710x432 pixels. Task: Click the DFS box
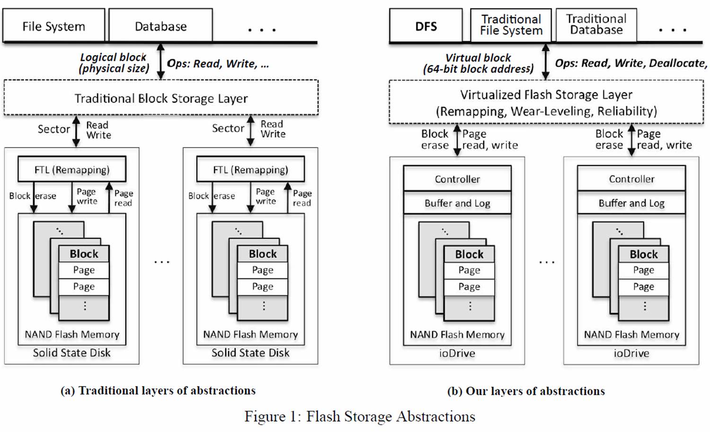(x=426, y=26)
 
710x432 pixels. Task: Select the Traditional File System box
(x=511, y=25)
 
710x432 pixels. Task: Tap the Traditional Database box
(x=596, y=25)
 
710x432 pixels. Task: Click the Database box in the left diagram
(x=160, y=26)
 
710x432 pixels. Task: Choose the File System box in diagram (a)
(x=53, y=26)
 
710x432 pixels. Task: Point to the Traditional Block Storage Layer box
(x=161, y=98)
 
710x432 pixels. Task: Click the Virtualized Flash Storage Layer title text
(x=546, y=95)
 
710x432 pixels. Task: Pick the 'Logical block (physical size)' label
(x=114, y=63)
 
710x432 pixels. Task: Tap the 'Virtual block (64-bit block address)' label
(x=478, y=64)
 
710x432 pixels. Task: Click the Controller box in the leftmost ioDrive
(x=457, y=179)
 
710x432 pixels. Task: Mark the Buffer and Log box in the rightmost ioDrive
(x=631, y=203)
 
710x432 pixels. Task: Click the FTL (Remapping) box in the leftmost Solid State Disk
(x=72, y=170)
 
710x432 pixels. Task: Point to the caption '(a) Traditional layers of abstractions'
(x=158, y=391)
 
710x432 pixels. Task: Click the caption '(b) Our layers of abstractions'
(x=526, y=391)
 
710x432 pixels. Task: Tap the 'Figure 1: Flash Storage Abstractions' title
(x=360, y=416)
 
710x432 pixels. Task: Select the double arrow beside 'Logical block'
(x=160, y=61)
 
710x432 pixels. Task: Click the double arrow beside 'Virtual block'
(x=546, y=62)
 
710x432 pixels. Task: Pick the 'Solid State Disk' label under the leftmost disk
(x=72, y=353)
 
